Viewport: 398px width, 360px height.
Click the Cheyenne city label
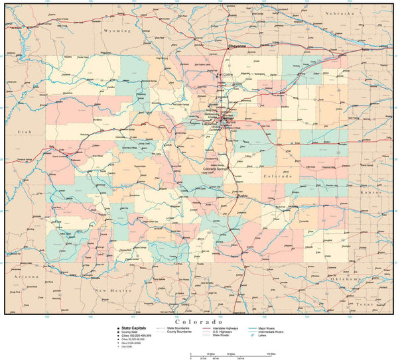(x=237, y=46)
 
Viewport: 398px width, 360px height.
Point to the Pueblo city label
(x=241, y=196)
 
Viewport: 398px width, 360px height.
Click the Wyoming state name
(x=117, y=30)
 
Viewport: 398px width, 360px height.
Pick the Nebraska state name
(x=340, y=13)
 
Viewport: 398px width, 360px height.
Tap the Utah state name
(x=25, y=133)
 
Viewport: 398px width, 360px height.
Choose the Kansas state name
(x=370, y=192)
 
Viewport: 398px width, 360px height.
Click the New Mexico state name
(x=109, y=290)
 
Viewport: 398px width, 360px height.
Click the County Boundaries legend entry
(x=179, y=331)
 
